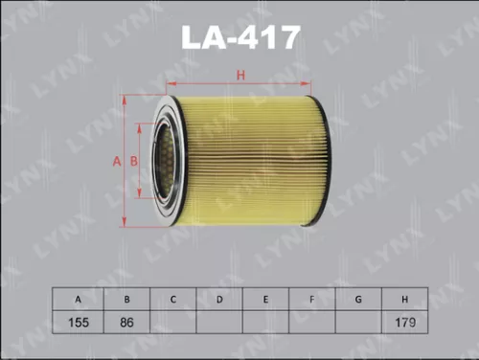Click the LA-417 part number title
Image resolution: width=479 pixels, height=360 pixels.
tap(240, 37)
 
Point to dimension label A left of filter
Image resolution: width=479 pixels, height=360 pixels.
tap(117, 161)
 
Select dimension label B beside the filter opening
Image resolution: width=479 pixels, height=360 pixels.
tap(135, 161)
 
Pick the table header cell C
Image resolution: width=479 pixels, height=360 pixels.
tap(172, 301)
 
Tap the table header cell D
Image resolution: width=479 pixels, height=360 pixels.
tap(218, 301)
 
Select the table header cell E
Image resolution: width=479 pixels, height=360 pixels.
tap(265, 301)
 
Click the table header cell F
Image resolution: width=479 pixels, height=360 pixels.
tap(311, 301)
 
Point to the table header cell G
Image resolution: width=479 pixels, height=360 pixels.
tap(357, 301)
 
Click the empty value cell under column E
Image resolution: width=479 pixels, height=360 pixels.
tap(265, 323)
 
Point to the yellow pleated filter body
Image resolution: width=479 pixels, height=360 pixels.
tap(254, 158)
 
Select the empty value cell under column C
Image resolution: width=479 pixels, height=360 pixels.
tap(172, 323)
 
